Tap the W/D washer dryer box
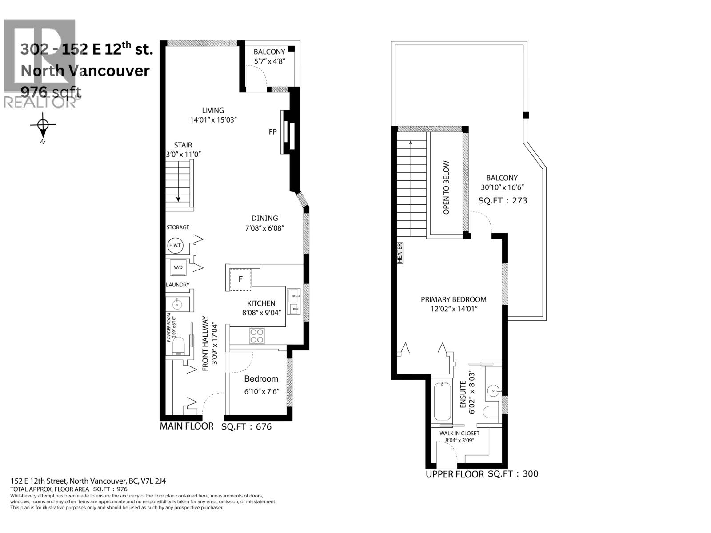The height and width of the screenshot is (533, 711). [178, 267]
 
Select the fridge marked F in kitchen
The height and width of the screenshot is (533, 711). [240, 279]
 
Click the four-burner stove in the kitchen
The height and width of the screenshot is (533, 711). [257, 336]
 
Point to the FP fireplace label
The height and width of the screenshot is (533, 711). [273, 132]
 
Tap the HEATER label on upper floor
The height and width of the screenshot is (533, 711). [400, 253]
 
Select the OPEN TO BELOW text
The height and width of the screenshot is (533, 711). [446, 187]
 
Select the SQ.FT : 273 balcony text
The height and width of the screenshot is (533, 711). [503, 200]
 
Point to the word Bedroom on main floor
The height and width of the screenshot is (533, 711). [261, 378]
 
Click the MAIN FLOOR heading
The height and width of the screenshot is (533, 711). [187, 426]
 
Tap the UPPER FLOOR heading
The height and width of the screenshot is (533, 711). [455, 474]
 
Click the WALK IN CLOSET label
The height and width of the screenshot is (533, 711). [459, 433]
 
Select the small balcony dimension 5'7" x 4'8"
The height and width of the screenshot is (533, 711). [269, 61]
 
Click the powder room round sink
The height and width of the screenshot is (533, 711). [177, 304]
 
